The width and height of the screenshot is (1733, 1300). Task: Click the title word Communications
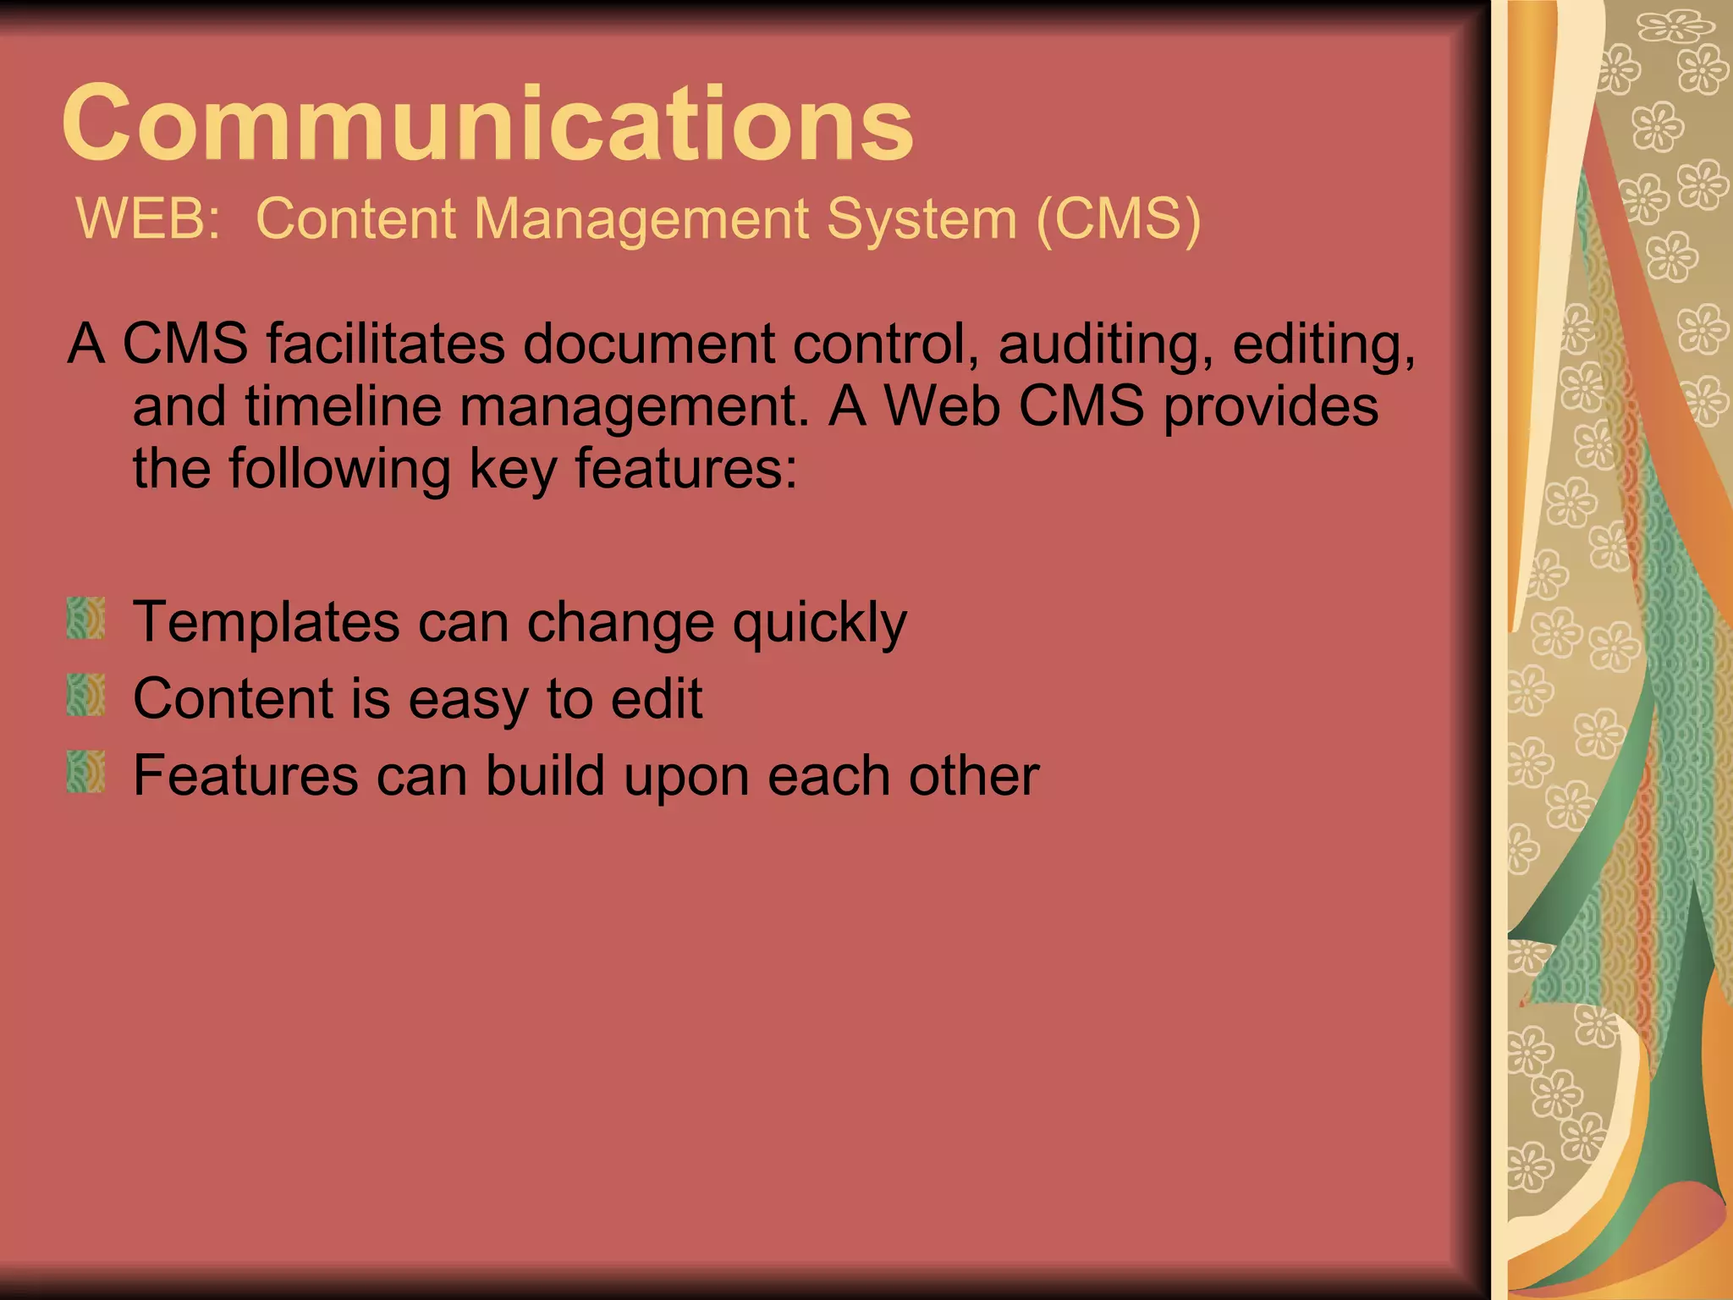coord(487,124)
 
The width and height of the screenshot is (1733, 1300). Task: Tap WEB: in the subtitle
coord(149,219)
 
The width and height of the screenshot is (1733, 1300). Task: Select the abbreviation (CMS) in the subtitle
coord(1118,219)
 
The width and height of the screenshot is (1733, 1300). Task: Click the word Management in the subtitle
coord(641,219)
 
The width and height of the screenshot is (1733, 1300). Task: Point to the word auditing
coord(1105,345)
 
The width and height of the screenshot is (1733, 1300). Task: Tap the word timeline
coord(344,406)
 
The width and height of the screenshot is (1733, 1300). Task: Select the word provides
coord(1271,408)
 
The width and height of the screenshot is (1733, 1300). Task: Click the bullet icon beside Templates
coord(85,619)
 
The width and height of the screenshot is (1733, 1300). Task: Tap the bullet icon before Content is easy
coord(85,696)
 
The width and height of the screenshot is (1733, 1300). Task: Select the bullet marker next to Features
coord(85,772)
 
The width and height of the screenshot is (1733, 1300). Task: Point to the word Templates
coord(266,622)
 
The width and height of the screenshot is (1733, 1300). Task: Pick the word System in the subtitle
coord(921,219)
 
